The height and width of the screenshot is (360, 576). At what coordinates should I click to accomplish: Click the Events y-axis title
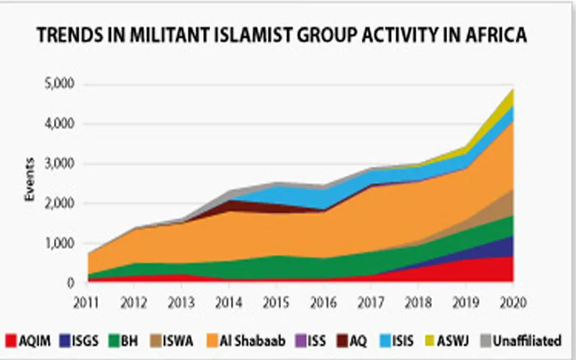[x=30, y=183]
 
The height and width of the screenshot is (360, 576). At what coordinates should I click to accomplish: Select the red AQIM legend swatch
[x=11, y=339]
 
